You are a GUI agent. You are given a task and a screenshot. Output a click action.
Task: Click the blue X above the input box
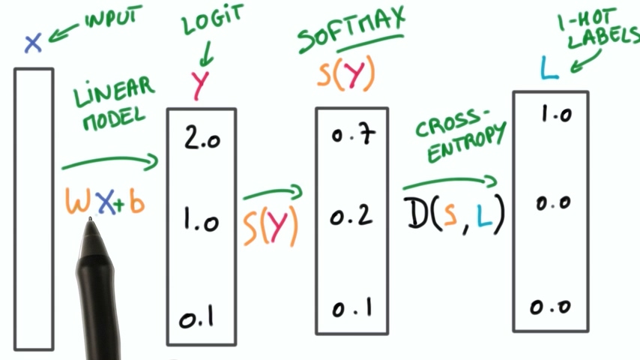(31, 43)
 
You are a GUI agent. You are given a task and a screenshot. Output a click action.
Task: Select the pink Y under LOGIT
(199, 85)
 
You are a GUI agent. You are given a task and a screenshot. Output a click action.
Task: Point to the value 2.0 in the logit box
(200, 139)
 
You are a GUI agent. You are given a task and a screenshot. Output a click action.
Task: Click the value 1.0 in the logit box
(200, 221)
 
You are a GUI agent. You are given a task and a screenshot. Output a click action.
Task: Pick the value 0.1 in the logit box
(197, 319)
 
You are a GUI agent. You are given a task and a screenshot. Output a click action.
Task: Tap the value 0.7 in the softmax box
(353, 136)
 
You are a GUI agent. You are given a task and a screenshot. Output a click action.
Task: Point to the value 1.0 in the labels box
(555, 115)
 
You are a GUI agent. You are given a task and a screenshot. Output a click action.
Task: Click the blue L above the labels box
(549, 69)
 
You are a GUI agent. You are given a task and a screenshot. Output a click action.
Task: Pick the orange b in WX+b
(136, 202)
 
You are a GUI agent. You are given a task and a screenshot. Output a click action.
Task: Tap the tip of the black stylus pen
(91, 220)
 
